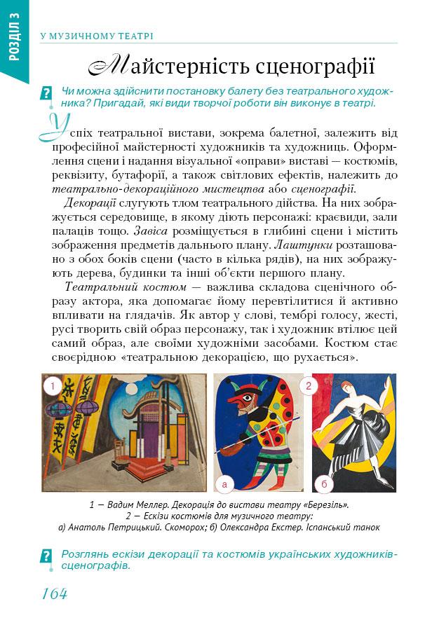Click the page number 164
click(x=53, y=594)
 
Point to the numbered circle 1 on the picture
click(x=50, y=385)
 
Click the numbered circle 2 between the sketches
click(x=308, y=385)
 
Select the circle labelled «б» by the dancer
click(x=324, y=483)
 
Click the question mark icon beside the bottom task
click(x=47, y=557)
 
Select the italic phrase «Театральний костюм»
click(x=125, y=287)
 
